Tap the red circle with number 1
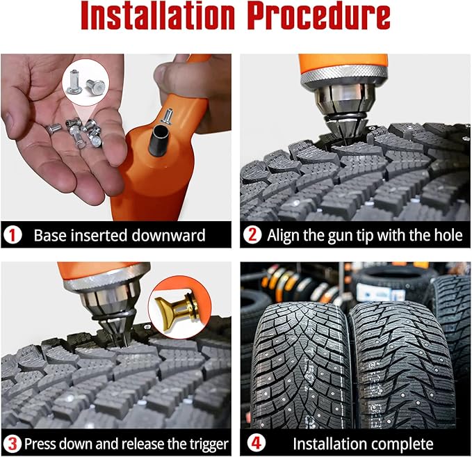pyautogui.click(x=13, y=235)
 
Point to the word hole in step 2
pyautogui.click(x=446, y=235)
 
